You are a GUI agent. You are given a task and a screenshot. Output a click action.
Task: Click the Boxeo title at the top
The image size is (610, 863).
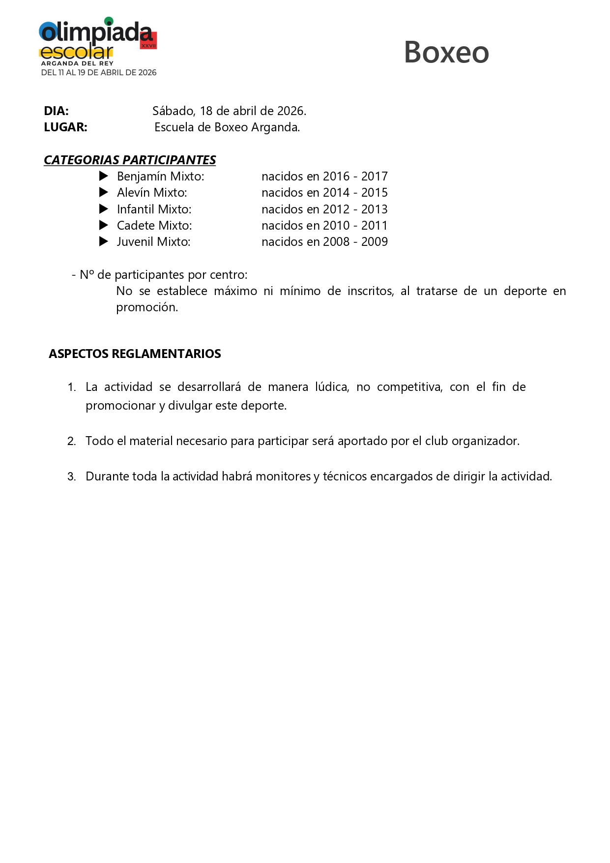pos(446,52)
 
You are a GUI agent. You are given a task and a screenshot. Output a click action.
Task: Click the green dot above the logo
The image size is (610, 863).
pos(109,21)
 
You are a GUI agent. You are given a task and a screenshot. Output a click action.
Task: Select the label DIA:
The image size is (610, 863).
pos(56,111)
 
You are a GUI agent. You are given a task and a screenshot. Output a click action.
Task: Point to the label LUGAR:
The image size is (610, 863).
pos(65,127)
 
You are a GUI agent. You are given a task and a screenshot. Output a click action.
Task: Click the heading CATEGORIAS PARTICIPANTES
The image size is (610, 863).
pos(130,160)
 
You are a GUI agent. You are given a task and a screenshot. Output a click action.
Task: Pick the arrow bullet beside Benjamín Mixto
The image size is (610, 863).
pos(104,176)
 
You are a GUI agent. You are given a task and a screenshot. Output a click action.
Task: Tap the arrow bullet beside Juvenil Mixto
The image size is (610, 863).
pos(104,241)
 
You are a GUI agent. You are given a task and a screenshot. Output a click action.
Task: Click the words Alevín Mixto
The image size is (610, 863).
pos(152,193)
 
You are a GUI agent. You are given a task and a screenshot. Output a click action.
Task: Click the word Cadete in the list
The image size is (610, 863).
pos(134,226)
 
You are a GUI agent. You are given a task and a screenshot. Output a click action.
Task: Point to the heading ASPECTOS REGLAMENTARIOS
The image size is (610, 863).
pos(135,354)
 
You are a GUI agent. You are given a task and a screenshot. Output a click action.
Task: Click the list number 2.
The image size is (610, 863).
pos(71,441)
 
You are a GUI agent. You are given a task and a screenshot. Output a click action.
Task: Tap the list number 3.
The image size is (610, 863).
pos(71,476)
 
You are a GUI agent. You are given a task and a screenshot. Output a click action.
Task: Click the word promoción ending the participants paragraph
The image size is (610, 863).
pos(146,308)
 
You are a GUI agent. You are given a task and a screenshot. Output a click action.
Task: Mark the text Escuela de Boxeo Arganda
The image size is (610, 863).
pos(227,127)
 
